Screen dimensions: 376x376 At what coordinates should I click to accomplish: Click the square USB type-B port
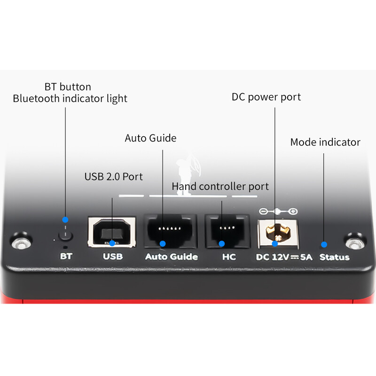[112, 232]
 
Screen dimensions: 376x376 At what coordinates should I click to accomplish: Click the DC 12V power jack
[276, 233]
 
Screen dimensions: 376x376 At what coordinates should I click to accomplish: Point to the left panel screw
[19, 243]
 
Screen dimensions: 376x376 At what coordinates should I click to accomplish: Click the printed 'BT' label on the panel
[66, 257]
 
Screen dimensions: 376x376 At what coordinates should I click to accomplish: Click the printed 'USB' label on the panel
[112, 257]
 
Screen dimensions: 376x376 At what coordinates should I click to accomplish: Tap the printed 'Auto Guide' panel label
[171, 257]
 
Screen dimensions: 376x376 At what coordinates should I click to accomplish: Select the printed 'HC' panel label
[228, 257]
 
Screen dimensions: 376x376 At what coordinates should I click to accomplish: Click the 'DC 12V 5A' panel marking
[284, 257]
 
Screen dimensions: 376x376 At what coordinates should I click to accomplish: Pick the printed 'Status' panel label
[335, 257]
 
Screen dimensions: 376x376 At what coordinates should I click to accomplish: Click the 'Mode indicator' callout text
[325, 142]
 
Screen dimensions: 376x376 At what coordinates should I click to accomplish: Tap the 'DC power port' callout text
[266, 97]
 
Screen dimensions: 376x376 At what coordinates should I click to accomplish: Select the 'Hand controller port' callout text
[220, 186]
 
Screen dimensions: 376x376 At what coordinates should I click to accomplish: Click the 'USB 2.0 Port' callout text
[113, 177]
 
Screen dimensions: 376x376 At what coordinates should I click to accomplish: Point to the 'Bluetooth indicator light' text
[70, 99]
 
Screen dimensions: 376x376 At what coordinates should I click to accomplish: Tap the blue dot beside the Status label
[324, 244]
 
